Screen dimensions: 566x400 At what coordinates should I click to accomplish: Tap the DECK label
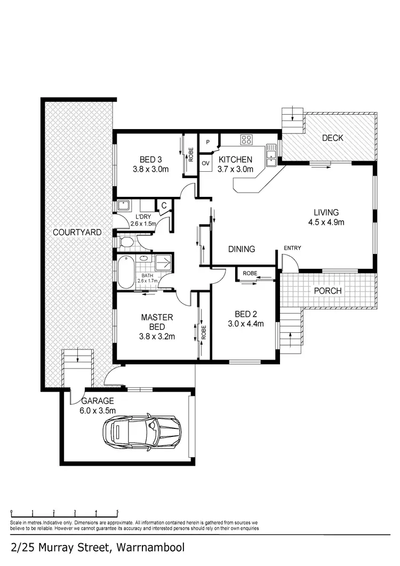click(332, 138)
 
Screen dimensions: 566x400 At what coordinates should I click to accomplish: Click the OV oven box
click(205, 163)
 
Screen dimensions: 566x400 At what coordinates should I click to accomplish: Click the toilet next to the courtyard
click(127, 243)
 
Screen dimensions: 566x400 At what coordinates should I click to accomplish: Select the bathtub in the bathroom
click(125, 272)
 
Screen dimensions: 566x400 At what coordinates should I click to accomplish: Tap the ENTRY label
click(292, 248)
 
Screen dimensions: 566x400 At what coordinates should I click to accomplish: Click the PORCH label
click(327, 291)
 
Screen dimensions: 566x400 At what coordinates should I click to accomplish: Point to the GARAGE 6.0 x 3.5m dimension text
click(99, 410)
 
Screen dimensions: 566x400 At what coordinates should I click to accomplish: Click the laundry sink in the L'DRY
click(124, 205)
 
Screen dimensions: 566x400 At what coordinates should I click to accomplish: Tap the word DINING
click(242, 249)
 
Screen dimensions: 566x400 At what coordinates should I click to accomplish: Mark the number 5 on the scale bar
click(116, 511)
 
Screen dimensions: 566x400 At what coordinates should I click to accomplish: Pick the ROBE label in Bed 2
click(250, 273)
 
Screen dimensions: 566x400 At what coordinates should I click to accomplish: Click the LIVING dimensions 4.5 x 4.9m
click(326, 222)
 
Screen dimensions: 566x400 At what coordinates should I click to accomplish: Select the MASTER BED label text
click(154, 322)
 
